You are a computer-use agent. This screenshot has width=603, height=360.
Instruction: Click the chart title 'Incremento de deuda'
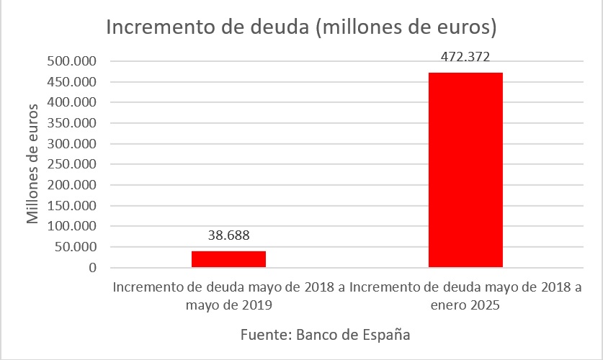pos(301,28)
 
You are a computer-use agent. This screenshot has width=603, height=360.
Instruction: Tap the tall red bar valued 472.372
pos(465,170)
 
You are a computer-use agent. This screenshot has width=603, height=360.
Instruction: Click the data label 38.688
pos(228,235)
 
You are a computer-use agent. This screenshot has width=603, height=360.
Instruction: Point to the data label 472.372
pos(465,57)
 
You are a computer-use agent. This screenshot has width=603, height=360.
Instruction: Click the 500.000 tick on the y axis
pos(71,61)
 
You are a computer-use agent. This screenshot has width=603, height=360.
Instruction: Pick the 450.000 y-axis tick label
pos(71,82)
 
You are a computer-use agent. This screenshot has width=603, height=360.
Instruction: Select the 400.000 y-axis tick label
pos(71,103)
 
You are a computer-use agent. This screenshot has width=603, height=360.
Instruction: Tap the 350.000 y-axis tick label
pos(71,123)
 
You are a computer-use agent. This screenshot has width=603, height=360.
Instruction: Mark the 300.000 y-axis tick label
pos(71,144)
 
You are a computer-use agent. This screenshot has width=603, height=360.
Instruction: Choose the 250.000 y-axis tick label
pos(71,165)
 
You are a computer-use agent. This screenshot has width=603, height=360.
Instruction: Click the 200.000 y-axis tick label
pos(71,185)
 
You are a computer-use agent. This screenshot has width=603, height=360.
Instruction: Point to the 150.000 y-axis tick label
pos(71,206)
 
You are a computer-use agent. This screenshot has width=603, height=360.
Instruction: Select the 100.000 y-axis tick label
pos(71,227)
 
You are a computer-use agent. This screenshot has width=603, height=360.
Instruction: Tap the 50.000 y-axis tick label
pos(74,248)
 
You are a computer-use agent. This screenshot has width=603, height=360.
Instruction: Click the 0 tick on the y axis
pos(92,268)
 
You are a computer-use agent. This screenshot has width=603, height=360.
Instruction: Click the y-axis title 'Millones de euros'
pos(33,164)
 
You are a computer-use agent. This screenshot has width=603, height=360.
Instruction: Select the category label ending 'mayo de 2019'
pos(228,296)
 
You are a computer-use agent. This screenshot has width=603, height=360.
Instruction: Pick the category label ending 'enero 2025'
pos(465,296)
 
